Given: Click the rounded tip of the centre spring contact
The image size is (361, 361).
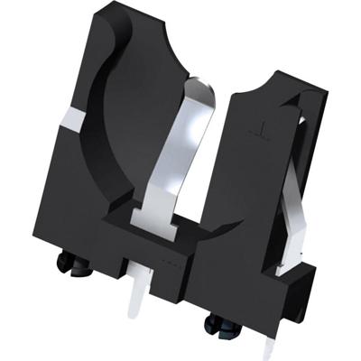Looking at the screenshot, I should coord(204,87).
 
